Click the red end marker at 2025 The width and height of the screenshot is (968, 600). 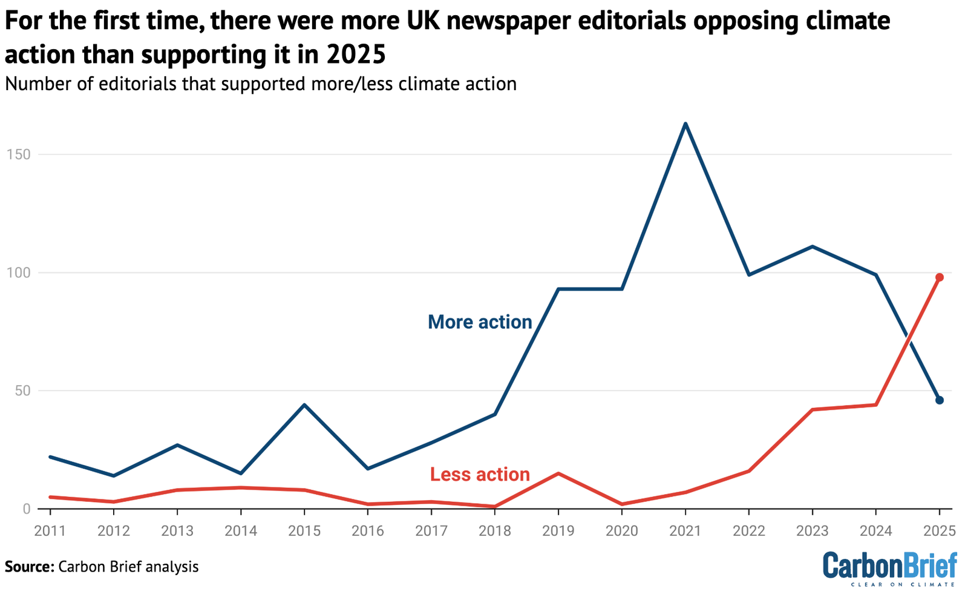pos(939,277)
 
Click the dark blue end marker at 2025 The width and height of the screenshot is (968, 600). pos(939,400)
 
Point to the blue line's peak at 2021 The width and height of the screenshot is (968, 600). pos(685,124)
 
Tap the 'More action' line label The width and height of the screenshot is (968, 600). pos(480,321)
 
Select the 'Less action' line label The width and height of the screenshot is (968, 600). pos(480,474)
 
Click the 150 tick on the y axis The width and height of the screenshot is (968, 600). pos(18,154)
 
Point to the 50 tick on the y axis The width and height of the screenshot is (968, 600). pos(22,391)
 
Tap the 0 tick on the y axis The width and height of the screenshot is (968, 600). pos(26,509)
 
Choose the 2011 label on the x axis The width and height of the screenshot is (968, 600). pos(50,531)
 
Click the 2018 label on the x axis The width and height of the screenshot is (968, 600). pos(495,531)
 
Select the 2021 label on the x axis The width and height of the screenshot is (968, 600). pos(685,531)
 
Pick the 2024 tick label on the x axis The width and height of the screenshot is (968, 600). pos(875,531)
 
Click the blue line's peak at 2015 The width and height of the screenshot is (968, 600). pos(304,404)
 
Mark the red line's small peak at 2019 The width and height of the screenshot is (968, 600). pos(558,473)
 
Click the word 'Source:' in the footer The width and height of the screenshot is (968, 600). pos(29,567)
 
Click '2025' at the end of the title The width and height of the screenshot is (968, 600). pos(356,54)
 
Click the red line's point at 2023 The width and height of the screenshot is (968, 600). pos(812,410)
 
